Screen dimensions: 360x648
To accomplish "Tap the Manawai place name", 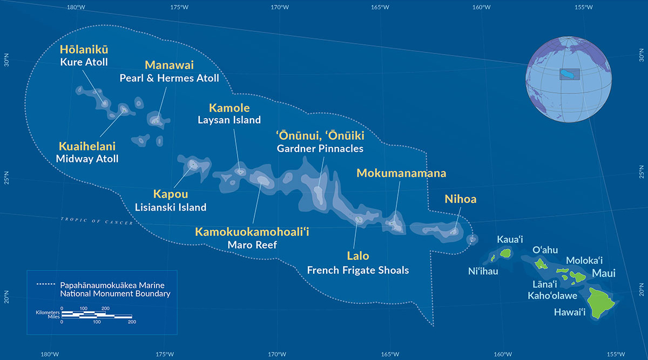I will click(169, 66).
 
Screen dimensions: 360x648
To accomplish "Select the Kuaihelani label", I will click(87, 146).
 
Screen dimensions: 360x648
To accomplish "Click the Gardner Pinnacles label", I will click(320, 148).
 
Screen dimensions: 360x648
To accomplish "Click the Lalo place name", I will click(357, 256).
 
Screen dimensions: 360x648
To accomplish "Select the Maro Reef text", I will click(252, 245).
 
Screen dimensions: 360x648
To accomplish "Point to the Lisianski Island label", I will click(170, 207).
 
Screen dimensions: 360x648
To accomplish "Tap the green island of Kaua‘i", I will click(506, 252).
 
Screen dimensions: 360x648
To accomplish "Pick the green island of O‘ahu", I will click(541, 264).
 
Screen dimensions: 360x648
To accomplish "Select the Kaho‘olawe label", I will click(552, 295).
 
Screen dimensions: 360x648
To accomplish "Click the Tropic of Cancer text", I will click(97, 221).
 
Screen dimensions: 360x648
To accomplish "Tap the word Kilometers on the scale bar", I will click(47, 312).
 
